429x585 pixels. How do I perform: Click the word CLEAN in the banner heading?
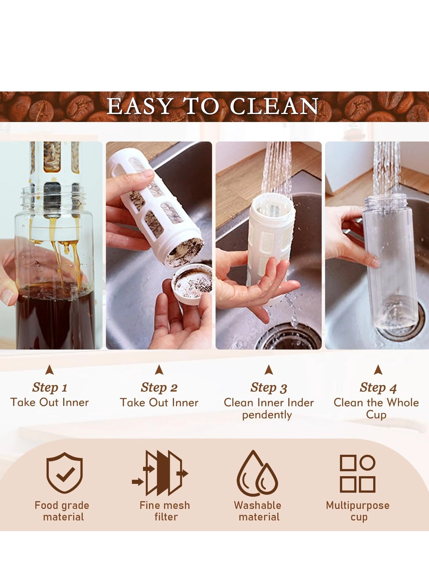274,106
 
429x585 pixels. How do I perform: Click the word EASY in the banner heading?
139,106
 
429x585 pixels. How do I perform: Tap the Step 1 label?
50,387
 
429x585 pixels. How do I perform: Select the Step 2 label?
159,387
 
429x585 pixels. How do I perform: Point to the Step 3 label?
269,387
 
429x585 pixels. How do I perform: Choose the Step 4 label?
378,387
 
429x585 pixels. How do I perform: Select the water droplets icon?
257,474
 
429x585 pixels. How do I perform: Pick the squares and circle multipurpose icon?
358,473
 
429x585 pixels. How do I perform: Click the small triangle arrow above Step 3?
269,370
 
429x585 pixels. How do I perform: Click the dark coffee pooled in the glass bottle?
55,319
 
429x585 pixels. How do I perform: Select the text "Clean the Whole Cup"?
376,408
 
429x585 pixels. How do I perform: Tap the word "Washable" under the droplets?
257,505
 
